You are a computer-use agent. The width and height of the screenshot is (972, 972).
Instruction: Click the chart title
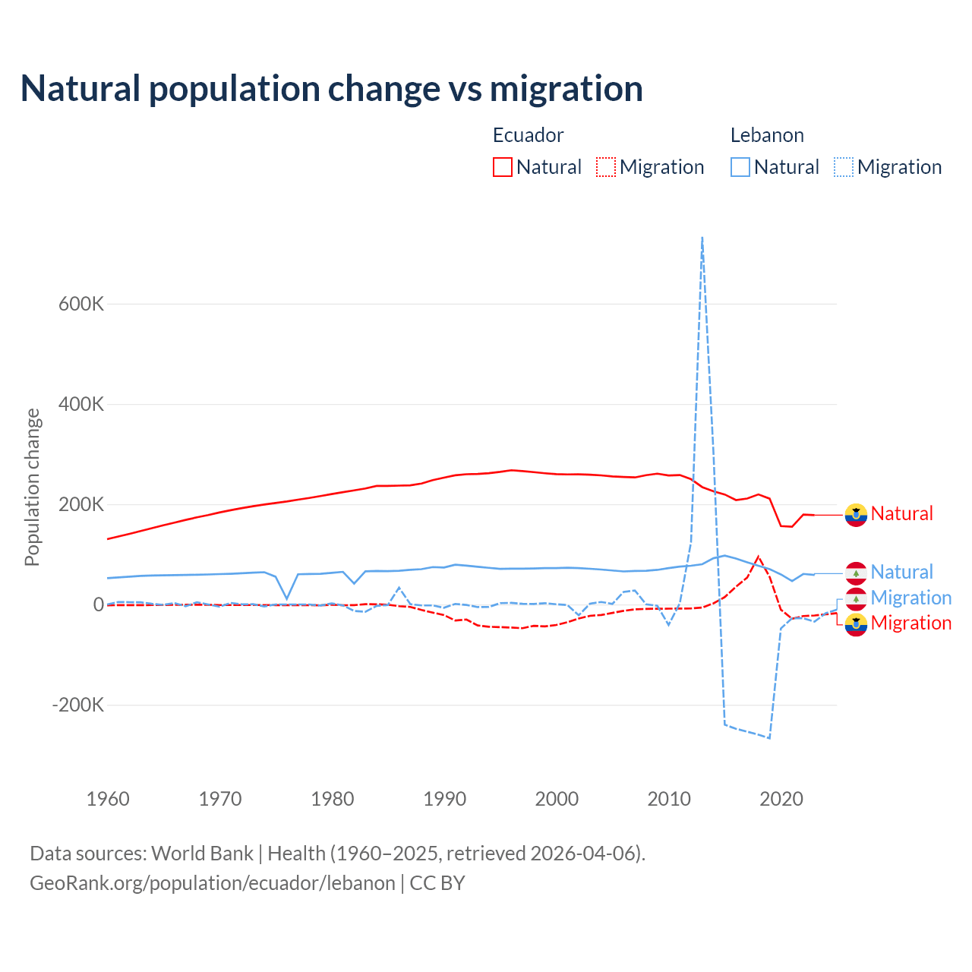(332, 89)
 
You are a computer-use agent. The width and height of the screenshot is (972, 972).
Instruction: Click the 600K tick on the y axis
(81, 304)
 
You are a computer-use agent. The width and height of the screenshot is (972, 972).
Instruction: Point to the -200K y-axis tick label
(78, 705)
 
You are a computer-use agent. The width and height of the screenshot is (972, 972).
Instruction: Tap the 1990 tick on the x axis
(444, 799)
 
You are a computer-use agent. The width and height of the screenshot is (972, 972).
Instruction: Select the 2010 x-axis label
(669, 799)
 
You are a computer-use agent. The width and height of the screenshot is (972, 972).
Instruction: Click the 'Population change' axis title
(32, 487)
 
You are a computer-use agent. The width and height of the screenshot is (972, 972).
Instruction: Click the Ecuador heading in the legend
(528, 135)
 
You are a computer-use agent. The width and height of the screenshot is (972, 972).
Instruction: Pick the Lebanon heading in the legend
(767, 135)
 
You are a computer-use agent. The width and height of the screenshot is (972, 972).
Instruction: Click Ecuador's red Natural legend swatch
(503, 167)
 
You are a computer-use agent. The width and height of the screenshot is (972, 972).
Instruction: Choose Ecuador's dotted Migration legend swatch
(606, 167)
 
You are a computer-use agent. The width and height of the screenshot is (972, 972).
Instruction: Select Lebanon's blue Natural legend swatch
(740, 167)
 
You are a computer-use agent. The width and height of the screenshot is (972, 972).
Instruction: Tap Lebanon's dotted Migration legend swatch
(844, 167)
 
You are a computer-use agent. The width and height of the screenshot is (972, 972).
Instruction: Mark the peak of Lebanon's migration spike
(702, 238)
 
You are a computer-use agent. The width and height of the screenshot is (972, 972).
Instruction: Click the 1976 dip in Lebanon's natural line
(287, 598)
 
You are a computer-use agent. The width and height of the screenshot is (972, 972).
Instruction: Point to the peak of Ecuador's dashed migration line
(758, 557)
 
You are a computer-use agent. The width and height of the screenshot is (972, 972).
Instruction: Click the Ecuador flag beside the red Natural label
(856, 515)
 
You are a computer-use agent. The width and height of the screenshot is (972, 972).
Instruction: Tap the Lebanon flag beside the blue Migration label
(856, 598)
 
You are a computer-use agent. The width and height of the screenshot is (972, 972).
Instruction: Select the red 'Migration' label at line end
(910, 623)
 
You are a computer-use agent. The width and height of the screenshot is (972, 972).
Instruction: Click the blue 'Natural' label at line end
(901, 572)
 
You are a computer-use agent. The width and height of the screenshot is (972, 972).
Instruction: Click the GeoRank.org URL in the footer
(213, 883)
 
